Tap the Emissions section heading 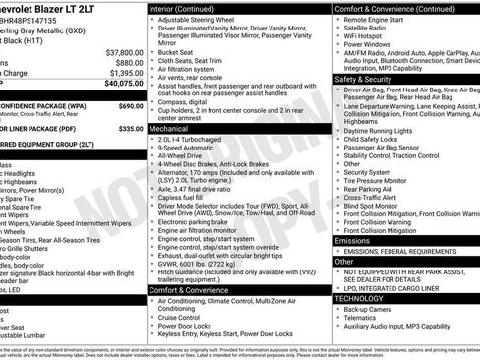[x=353, y=240]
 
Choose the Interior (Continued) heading [x=189, y=8]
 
